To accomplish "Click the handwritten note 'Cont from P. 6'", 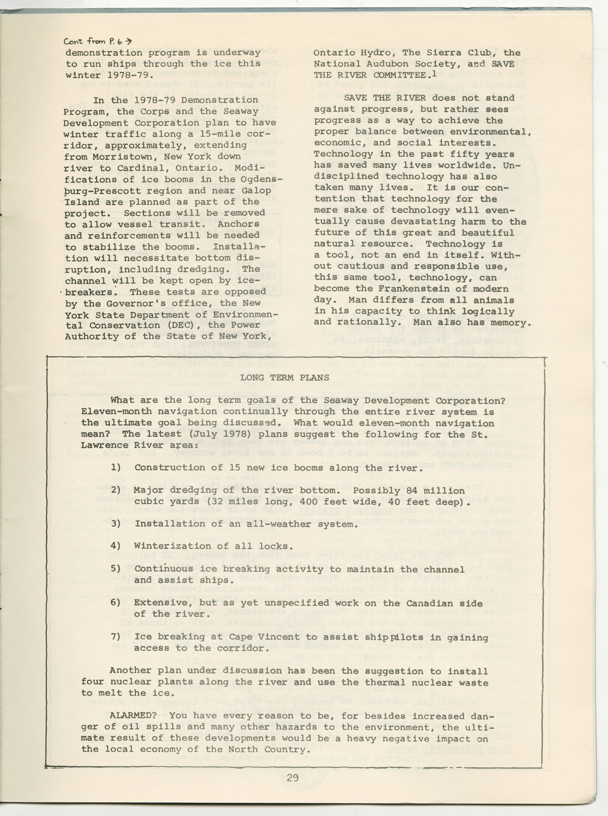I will [x=98, y=42].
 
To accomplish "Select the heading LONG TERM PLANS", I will [x=285, y=377].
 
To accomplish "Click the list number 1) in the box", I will [x=116, y=468].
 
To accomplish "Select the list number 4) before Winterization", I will [x=116, y=546].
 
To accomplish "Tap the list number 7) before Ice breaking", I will [x=116, y=636].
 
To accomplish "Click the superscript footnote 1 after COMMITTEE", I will [x=435, y=73].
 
